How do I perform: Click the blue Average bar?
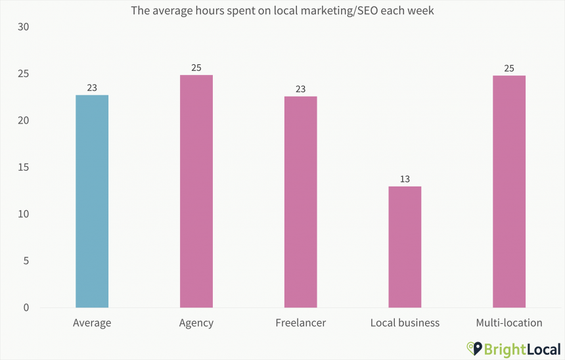tap(92, 201)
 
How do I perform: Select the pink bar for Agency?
tap(196, 191)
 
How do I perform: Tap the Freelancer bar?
tap(300, 202)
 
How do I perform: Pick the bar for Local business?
tap(405, 247)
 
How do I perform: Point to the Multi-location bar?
tap(509, 191)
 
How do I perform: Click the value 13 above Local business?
tap(405, 179)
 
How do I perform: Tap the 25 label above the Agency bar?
tap(196, 68)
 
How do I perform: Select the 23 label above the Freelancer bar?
tap(300, 89)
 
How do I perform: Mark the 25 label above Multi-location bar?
tap(509, 68)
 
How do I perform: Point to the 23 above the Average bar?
tap(92, 88)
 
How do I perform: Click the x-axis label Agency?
tap(196, 323)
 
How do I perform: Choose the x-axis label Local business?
tap(405, 323)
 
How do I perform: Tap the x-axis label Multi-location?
tap(509, 323)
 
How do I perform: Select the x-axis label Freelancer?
tap(300, 323)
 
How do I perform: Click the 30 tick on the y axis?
tap(24, 27)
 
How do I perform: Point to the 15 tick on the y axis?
tap(24, 168)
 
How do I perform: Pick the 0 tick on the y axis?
tap(27, 307)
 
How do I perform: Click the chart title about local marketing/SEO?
tap(282, 11)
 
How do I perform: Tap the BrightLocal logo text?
tap(522, 348)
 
